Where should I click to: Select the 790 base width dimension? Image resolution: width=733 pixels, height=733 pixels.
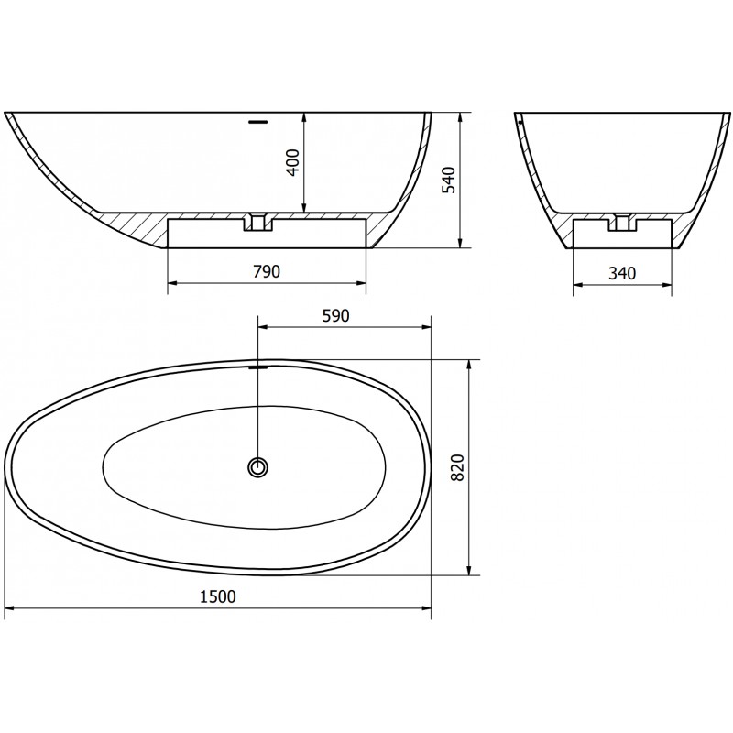[x=266, y=272]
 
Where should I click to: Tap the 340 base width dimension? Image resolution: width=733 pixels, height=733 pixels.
[x=622, y=272]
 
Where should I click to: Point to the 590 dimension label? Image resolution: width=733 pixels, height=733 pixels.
[x=336, y=316]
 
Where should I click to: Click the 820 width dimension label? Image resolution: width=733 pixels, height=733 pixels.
[x=459, y=468]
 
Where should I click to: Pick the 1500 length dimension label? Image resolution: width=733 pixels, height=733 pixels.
[x=219, y=596]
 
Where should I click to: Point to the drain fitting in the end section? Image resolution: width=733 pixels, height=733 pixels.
[x=623, y=222]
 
